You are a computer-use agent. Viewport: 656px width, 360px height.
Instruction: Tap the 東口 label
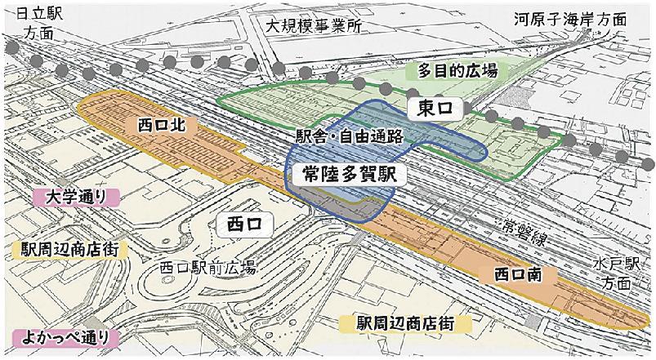coord(434,108)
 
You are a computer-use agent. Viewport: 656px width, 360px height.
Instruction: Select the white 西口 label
coord(244,222)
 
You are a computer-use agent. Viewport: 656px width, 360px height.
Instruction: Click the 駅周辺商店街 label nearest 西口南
coord(405,322)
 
